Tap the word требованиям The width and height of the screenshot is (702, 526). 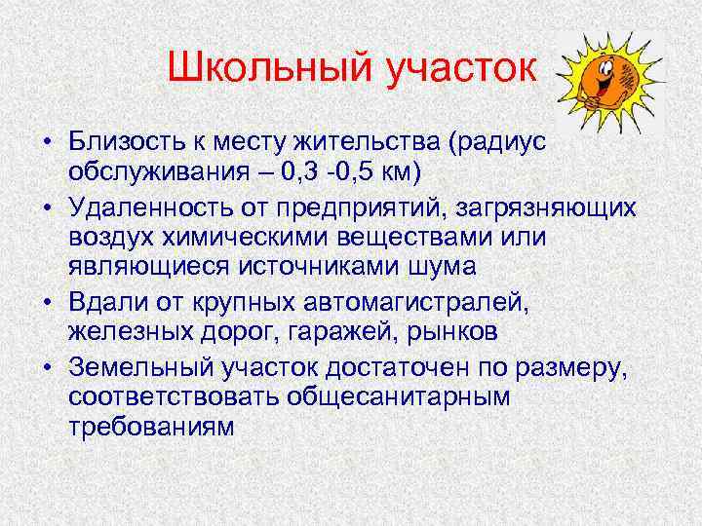[x=151, y=428]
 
